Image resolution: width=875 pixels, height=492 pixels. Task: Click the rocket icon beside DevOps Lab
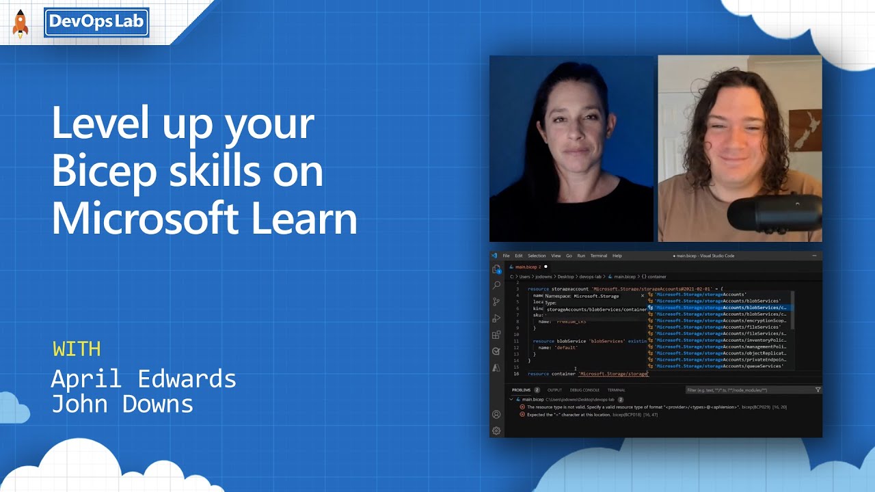tap(21, 23)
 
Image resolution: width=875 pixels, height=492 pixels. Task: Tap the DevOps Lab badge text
tap(96, 22)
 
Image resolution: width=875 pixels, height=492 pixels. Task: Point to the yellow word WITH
tap(77, 349)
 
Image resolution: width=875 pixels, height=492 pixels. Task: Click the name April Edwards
tap(144, 379)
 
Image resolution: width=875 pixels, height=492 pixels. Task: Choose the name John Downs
tap(122, 404)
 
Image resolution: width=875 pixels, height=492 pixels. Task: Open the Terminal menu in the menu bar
tap(598, 256)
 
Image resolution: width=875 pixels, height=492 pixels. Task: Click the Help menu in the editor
tap(617, 256)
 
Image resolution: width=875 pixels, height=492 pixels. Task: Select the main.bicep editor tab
tap(527, 266)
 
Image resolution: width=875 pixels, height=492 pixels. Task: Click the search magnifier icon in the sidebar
tap(496, 285)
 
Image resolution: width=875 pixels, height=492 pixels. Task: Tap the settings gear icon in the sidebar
tap(496, 430)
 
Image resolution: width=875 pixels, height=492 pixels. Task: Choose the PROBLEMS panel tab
tap(521, 390)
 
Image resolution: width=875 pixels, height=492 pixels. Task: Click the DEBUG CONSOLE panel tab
tap(584, 390)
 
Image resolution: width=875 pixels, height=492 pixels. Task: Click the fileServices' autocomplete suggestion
tap(718, 327)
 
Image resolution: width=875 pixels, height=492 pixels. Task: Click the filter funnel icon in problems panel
tap(818, 390)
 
